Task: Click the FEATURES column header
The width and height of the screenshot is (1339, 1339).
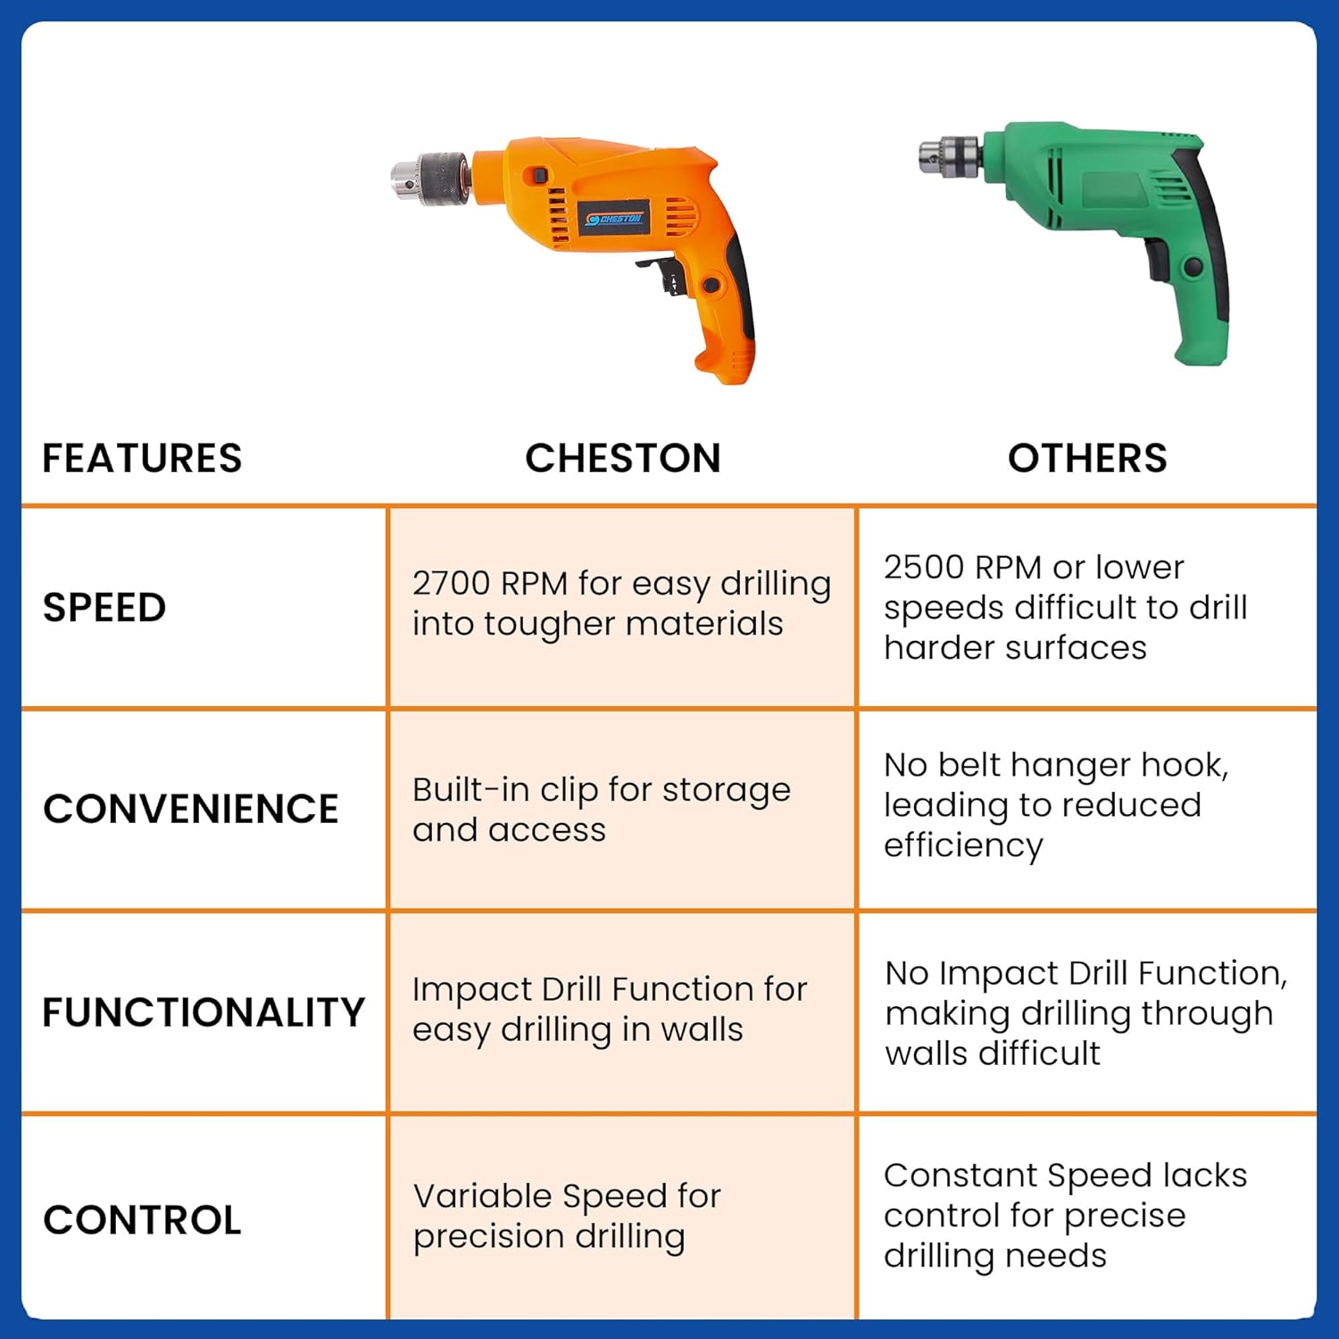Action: pos(142,458)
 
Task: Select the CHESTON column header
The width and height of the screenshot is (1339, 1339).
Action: pos(623,458)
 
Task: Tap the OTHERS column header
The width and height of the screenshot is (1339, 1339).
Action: pos(1087,458)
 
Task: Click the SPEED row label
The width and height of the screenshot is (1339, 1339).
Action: pos(104,608)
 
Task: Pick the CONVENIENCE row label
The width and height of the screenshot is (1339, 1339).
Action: pos(191,810)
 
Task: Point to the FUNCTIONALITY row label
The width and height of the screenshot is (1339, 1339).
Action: pos(204,1012)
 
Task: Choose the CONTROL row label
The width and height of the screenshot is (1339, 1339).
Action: pos(142,1220)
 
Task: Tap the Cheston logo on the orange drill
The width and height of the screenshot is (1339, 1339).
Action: pos(614,219)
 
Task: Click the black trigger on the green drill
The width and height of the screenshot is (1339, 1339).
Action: pos(1157,260)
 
